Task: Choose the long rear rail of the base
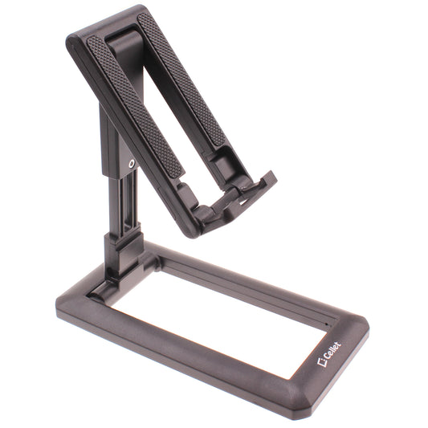265,273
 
